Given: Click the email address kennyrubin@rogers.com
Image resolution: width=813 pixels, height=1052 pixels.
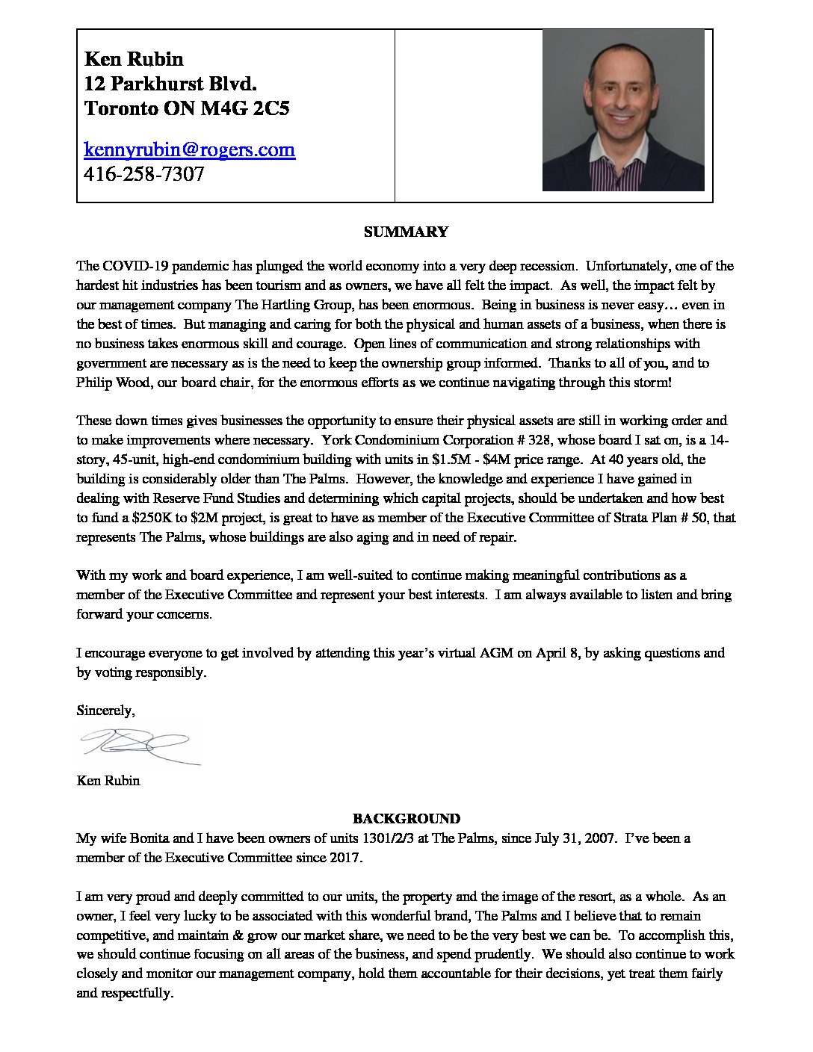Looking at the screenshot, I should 190,149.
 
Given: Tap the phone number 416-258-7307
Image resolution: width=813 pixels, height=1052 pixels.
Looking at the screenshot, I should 144,175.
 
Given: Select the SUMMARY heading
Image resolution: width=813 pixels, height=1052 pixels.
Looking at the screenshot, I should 406,232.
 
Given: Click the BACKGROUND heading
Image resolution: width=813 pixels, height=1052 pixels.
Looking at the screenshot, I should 406,818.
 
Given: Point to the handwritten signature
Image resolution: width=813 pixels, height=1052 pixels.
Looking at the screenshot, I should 138,743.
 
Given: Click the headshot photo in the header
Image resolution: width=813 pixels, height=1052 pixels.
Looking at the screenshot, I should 623,110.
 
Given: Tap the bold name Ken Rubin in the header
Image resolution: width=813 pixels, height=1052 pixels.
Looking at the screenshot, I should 134,59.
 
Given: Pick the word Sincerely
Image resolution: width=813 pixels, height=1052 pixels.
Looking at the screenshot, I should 105,710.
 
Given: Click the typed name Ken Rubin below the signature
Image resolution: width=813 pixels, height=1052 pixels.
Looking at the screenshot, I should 108,781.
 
